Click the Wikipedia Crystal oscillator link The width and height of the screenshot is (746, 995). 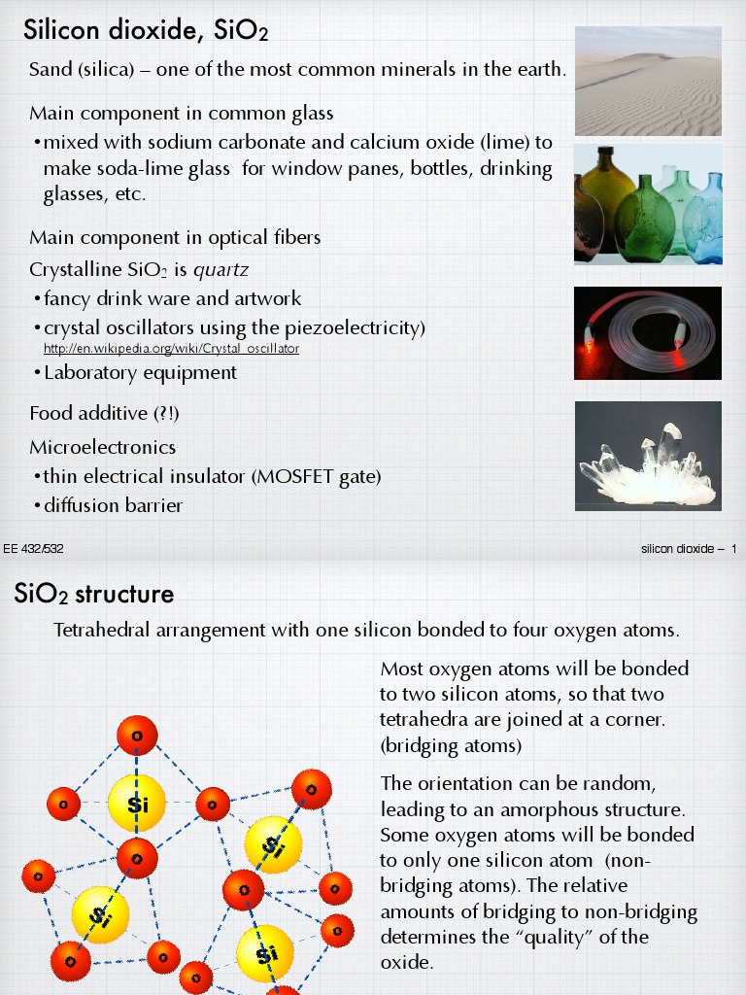(172, 348)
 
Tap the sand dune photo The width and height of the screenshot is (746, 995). (648, 81)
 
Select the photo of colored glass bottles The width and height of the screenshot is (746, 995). (648, 204)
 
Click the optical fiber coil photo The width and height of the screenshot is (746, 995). (648, 332)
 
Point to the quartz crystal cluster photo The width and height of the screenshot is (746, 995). (648, 455)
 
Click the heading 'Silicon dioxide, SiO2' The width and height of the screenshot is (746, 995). (146, 31)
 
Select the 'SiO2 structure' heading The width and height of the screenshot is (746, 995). (94, 594)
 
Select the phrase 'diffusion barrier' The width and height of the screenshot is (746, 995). (113, 505)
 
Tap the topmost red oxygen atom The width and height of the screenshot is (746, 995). (137, 736)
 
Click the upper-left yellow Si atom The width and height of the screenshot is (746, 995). (136, 804)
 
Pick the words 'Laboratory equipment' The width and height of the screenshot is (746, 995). (140, 372)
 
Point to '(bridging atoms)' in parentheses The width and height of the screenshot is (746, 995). (451, 746)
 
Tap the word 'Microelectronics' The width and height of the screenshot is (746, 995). (102, 447)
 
